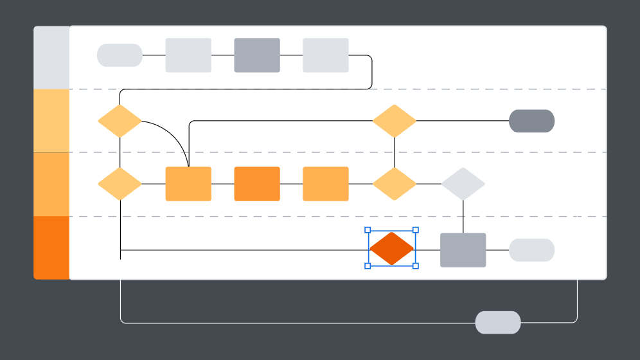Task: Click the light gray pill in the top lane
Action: (x=120, y=55)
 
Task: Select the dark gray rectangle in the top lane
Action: (x=257, y=55)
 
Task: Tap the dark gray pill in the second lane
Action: (x=531, y=121)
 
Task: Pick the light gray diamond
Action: (x=463, y=184)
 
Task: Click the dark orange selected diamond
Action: (x=391, y=249)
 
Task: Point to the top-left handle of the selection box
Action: (x=368, y=230)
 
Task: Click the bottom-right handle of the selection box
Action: (x=415, y=265)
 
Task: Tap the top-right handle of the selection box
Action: (x=415, y=230)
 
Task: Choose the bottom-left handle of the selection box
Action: (x=368, y=265)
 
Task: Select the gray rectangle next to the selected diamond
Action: (x=463, y=250)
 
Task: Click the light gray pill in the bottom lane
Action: (x=531, y=250)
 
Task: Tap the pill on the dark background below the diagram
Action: (x=497, y=323)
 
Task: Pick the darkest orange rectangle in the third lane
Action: (x=257, y=184)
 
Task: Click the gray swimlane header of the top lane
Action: (x=51, y=58)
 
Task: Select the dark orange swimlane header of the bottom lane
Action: (x=51, y=248)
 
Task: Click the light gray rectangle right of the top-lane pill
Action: (x=188, y=55)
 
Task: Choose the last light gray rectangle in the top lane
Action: (x=326, y=55)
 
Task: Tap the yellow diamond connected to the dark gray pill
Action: (x=395, y=121)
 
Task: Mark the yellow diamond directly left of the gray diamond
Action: (x=395, y=184)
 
